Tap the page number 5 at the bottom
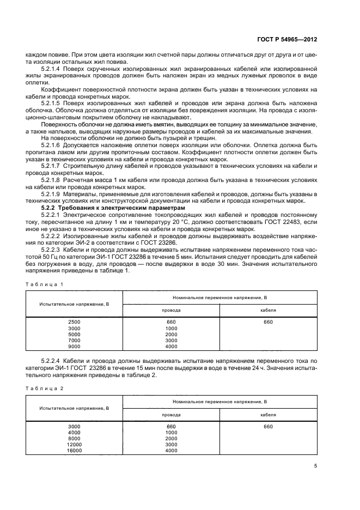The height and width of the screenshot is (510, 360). pos(316,466)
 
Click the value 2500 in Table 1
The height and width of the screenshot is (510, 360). pos(74,322)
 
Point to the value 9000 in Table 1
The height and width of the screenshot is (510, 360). pos(74,347)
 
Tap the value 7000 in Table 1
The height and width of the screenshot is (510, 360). pos(74,341)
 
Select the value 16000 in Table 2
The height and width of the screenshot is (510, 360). pos(74,450)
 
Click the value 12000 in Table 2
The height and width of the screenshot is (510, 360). pos(74,444)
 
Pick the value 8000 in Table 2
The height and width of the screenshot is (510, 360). pos(74,438)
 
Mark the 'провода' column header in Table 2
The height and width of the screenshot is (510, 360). pos(171,414)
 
